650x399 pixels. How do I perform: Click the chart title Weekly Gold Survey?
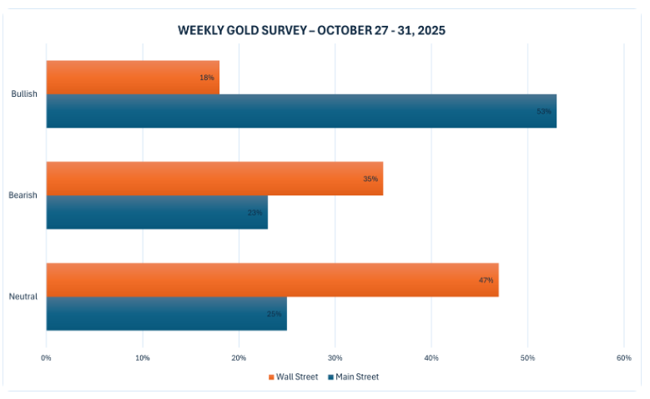[311, 31]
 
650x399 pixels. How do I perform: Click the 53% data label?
[544, 111]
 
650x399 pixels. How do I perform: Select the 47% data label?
[486, 280]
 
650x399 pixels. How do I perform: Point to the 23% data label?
[254, 212]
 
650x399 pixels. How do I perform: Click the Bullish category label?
[23, 94]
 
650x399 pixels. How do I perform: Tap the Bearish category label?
[23, 195]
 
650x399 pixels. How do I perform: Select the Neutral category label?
[23, 296]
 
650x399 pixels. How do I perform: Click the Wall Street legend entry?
[293, 377]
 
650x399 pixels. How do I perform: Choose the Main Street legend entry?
[354, 377]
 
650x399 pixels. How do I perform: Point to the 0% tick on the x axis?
[46, 357]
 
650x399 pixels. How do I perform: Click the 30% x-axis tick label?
[335, 357]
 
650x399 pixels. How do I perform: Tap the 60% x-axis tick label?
[623, 357]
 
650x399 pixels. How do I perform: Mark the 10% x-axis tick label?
[143, 357]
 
